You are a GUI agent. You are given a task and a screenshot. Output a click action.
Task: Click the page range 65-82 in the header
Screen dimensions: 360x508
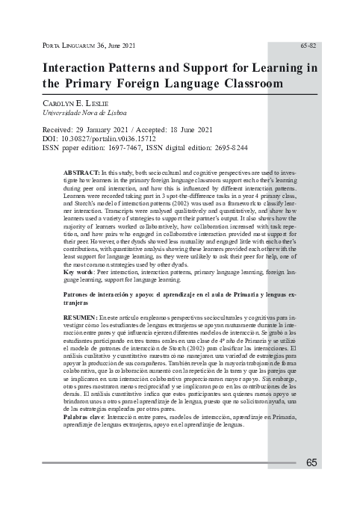pyautogui.click(x=308, y=46)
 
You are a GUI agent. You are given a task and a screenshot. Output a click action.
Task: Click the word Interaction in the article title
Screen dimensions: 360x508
pyautogui.click(x=80, y=68)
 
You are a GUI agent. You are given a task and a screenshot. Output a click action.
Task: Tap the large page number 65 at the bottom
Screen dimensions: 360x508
pyautogui.click(x=311, y=462)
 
